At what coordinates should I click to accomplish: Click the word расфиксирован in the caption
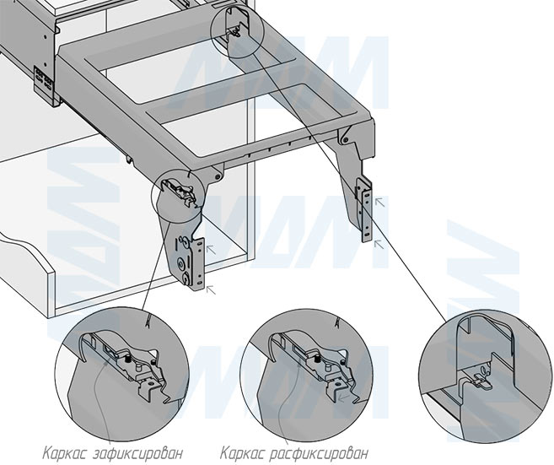(x=321, y=451)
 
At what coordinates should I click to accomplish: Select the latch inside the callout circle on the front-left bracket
(x=182, y=190)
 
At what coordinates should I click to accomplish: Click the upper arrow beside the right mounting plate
(x=379, y=201)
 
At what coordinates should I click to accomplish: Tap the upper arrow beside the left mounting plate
(x=211, y=248)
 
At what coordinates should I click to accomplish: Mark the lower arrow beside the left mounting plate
(x=210, y=288)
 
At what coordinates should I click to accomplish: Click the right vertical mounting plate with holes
(x=366, y=211)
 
